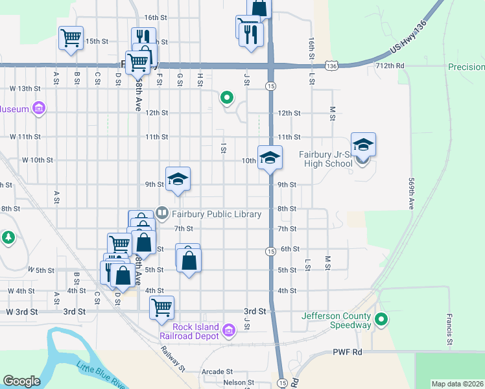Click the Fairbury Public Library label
point(216,213)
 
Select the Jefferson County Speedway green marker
point(382,319)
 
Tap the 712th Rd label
point(390,66)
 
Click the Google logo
point(21,381)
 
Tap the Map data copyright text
point(457,384)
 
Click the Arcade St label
point(217,372)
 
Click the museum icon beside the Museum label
point(39,108)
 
